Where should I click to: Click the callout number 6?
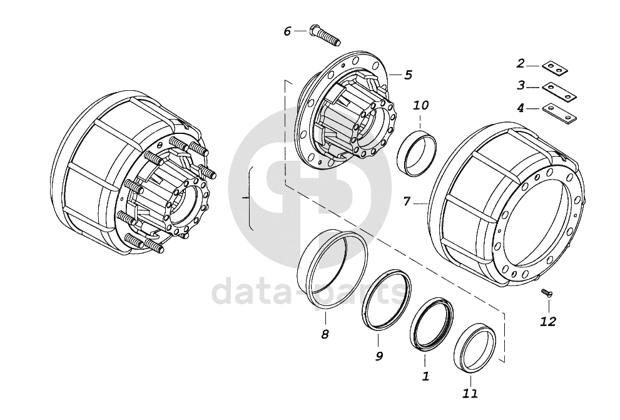[x=287, y=31]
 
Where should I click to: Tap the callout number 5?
[x=408, y=74]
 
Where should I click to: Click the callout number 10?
[x=421, y=105]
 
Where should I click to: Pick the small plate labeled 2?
[x=555, y=68]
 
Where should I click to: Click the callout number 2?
[x=521, y=63]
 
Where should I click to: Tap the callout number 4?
[x=521, y=107]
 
